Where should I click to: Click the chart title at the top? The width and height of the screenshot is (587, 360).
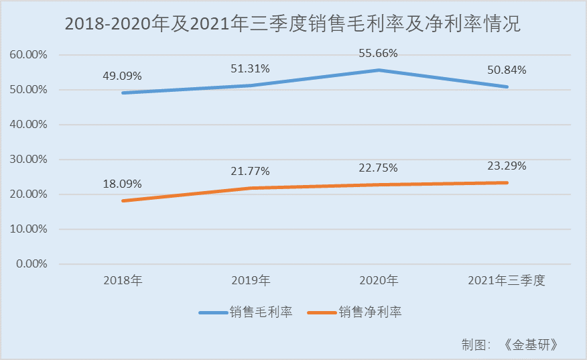[x=293, y=24]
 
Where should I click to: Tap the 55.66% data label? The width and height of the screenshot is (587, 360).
[x=378, y=53]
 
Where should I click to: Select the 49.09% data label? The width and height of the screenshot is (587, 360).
[x=122, y=76]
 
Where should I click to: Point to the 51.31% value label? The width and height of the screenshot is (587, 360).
[x=250, y=68]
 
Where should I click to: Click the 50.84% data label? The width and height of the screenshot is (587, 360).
[x=507, y=70]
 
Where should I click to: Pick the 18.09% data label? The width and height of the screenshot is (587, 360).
[x=122, y=184]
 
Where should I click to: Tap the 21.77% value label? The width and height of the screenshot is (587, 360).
[x=250, y=171]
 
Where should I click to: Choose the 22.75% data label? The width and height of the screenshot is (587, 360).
[x=378, y=168]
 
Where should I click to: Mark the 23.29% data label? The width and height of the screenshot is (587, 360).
[x=507, y=166]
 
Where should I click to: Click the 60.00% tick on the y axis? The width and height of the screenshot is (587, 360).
[x=28, y=55]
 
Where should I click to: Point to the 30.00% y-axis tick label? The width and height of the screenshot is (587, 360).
[x=28, y=159]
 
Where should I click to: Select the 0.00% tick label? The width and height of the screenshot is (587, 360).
[x=31, y=263]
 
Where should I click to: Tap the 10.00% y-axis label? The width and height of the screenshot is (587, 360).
[x=28, y=229]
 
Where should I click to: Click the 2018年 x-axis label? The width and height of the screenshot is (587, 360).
[x=123, y=280]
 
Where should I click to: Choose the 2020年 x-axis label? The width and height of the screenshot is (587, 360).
[x=379, y=280]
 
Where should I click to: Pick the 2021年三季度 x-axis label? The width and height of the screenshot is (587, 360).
[x=507, y=280]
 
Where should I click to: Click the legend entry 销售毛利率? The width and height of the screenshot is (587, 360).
[x=245, y=312]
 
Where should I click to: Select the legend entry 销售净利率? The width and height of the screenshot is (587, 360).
[x=354, y=312]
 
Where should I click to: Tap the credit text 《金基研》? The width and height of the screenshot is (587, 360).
[x=531, y=345]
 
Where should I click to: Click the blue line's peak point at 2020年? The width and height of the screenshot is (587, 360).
[x=379, y=70]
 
